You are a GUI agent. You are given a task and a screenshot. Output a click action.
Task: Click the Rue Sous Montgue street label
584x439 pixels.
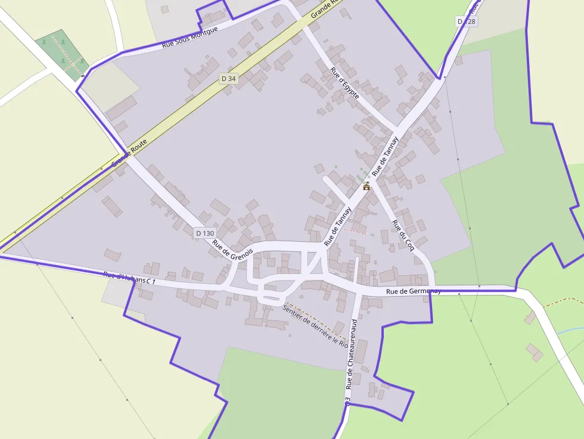[190, 37]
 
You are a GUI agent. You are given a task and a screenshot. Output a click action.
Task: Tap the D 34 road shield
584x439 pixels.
[228, 79]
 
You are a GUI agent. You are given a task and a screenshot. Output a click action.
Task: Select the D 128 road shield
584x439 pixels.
[467, 21]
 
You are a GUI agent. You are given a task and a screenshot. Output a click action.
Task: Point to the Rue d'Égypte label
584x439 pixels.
[345, 83]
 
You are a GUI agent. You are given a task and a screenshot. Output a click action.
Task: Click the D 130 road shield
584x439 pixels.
[204, 233]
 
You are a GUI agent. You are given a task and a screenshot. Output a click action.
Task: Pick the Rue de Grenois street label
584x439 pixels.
[232, 245]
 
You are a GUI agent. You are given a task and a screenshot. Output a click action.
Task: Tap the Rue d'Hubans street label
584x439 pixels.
[124, 277]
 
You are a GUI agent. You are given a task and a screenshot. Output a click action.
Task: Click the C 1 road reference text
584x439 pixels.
[151, 281]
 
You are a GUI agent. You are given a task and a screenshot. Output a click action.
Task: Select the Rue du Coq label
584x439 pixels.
[403, 235]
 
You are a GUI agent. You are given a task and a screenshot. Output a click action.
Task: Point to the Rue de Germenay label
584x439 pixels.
[413, 291]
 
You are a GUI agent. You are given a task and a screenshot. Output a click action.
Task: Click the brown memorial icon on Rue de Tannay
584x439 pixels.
[366, 186]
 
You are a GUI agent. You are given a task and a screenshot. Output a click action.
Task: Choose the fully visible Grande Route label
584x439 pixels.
[129, 153]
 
